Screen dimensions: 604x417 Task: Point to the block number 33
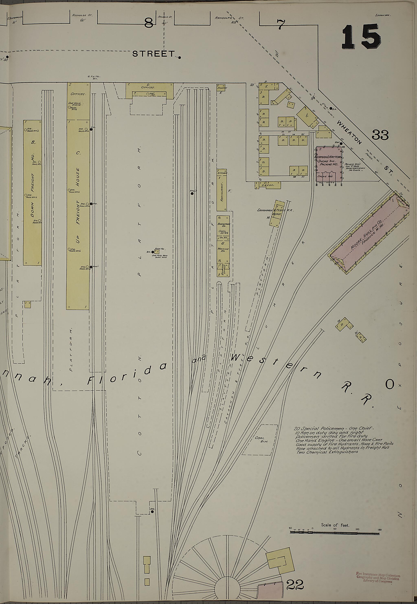pos(380,135)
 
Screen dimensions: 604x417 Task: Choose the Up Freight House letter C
pos(78,153)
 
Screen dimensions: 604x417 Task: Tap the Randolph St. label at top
pos(229,18)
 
